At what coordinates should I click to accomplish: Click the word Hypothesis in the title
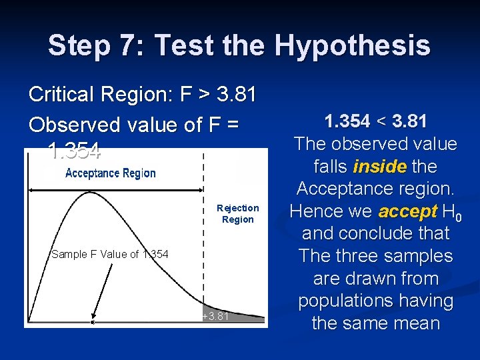[x=353, y=45]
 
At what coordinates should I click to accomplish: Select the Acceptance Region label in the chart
[x=110, y=173]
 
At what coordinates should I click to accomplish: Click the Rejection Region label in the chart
[x=237, y=214]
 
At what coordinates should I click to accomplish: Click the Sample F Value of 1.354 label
[x=110, y=254]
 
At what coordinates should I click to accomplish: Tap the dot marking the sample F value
[x=93, y=323]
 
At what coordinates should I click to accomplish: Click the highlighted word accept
[x=406, y=211]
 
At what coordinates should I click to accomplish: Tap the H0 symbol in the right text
[x=452, y=213]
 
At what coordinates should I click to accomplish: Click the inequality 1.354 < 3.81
[x=375, y=121]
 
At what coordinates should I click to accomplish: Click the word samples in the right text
[x=415, y=256]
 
